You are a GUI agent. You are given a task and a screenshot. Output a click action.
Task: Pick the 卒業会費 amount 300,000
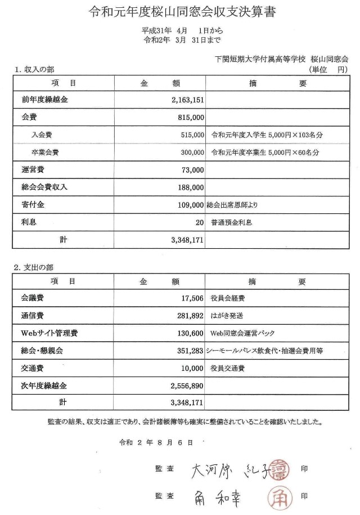(x=192, y=152)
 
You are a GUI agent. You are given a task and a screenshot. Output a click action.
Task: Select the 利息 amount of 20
(x=200, y=222)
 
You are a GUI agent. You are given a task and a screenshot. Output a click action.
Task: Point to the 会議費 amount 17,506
(x=191, y=298)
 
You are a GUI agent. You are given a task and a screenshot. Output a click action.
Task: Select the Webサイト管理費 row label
(x=49, y=333)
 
